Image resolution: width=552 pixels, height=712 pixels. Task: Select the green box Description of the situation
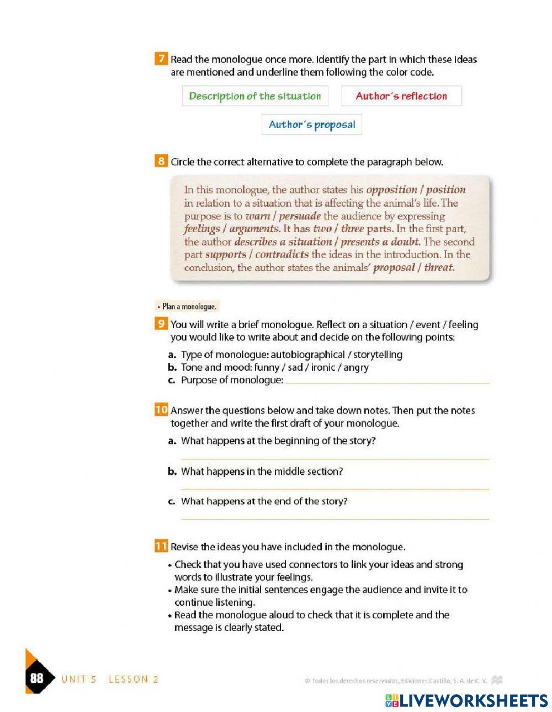click(x=255, y=96)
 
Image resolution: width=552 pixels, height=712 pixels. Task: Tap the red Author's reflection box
click(x=401, y=96)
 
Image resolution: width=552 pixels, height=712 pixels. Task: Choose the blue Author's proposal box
click(x=312, y=125)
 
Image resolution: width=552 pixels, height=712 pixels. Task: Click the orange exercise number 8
click(x=161, y=162)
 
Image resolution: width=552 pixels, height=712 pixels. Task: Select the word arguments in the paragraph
click(x=254, y=229)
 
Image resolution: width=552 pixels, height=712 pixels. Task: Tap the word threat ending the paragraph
click(x=438, y=268)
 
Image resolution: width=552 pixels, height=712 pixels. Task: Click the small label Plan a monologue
click(x=188, y=307)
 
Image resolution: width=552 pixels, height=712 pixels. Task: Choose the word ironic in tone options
click(x=323, y=367)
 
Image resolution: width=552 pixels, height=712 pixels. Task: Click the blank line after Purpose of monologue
click(x=386, y=382)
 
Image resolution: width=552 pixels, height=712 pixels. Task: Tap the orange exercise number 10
click(x=161, y=410)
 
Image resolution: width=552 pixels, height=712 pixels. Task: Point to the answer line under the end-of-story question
click(x=335, y=518)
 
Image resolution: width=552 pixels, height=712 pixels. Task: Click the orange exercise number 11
click(x=161, y=547)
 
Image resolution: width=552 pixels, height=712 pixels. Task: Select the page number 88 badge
click(x=37, y=678)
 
